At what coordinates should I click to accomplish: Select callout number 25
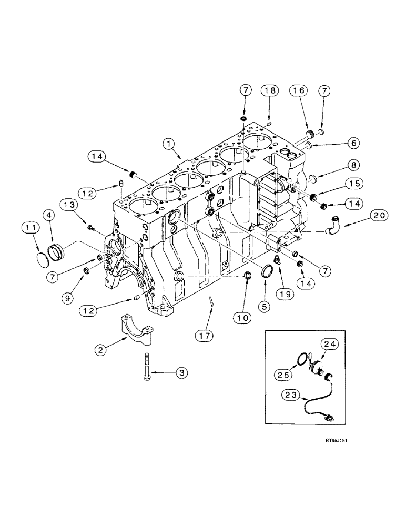[284, 375]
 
